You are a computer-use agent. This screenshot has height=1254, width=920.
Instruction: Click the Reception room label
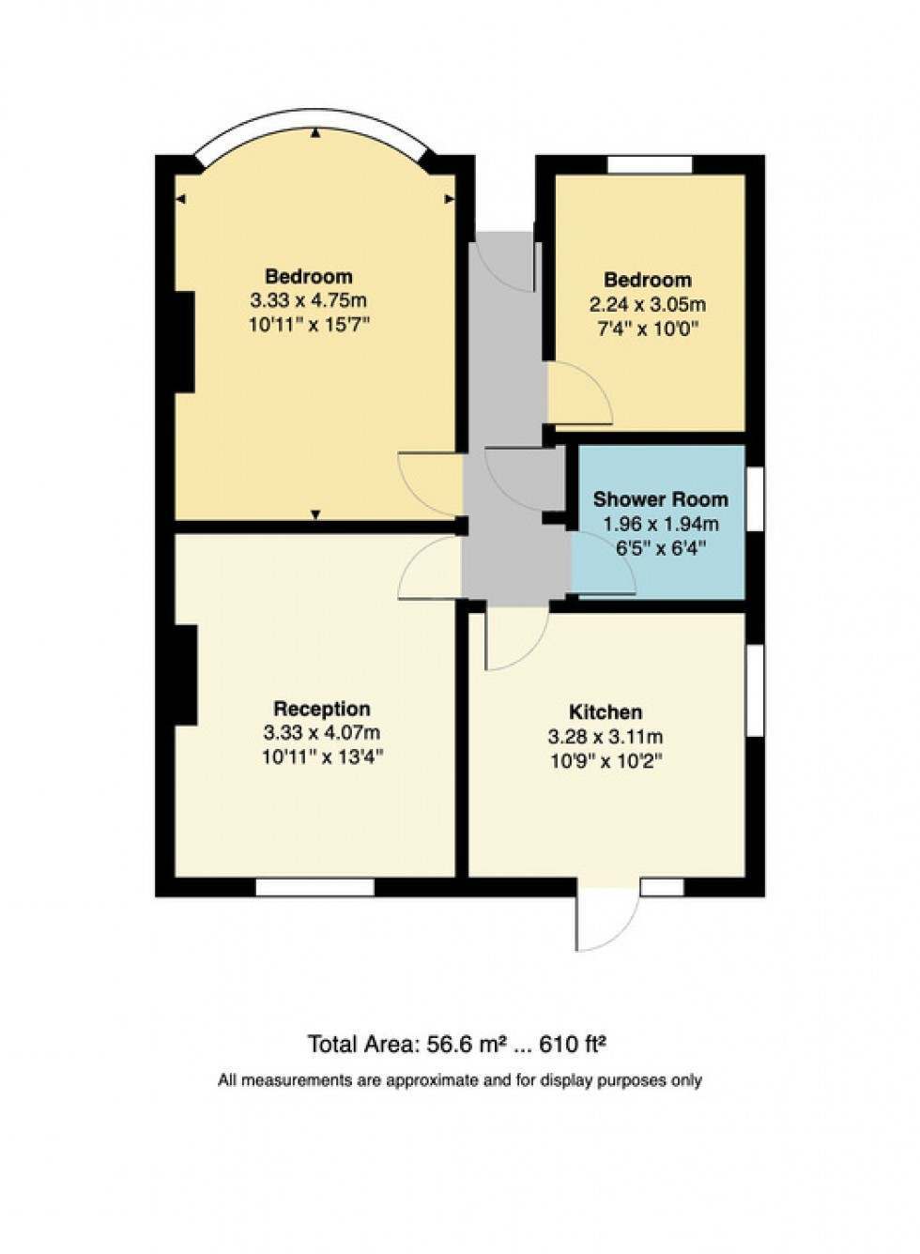(x=321, y=709)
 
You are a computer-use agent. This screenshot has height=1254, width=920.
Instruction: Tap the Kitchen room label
(x=606, y=712)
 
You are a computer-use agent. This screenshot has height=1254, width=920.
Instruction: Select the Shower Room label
(x=660, y=499)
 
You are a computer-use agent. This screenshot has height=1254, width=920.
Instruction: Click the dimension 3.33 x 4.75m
(x=308, y=301)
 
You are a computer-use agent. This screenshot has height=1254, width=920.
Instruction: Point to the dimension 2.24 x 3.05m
(x=647, y=304)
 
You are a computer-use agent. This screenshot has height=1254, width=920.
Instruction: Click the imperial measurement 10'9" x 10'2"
(x=606, y=761)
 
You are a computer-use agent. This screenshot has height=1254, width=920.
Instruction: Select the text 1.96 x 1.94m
(x=660, y=525)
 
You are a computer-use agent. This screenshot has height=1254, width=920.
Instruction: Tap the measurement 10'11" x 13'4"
(x=322, y=757)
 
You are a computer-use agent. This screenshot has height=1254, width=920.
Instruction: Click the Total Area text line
(x=460, y=1044)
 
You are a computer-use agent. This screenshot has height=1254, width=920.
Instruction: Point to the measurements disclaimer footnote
(x=460, y=1080)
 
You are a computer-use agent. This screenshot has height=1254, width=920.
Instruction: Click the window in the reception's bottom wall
(x=314, y=887)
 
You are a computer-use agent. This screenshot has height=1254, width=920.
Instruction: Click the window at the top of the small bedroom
(x=649, y=165)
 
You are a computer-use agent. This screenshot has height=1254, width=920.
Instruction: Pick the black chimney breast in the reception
(x=185, y=675)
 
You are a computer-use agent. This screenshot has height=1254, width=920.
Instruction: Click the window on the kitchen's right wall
(x=754, y=690)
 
